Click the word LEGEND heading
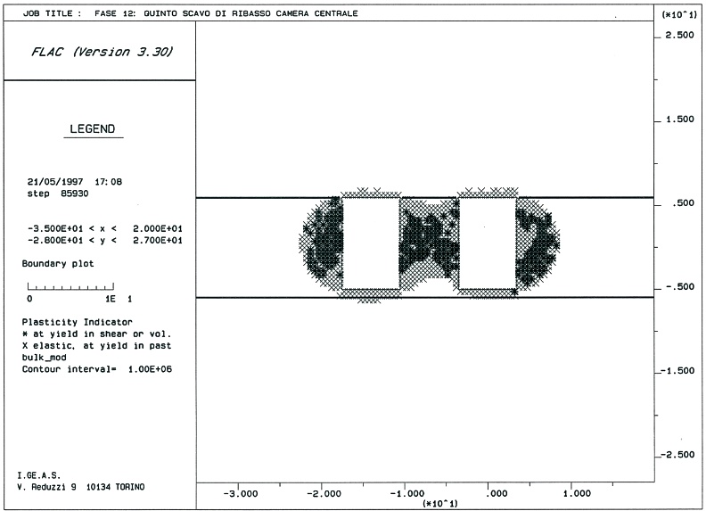click(93, 129)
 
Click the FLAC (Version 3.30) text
click(102, 52)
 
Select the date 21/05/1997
click(55, 182)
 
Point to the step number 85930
click(75, 194)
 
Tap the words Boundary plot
click(58, 264)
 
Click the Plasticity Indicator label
click(77, 322)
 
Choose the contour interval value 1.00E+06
click(150, 369)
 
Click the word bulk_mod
click(45, 358)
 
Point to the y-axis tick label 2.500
click(679, 35)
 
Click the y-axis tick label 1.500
click(679, 120)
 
